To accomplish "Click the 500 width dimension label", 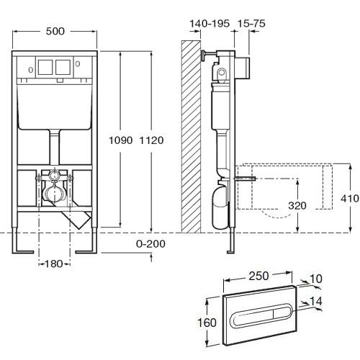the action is pos(55,31).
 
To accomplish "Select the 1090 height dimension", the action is pos(121,140).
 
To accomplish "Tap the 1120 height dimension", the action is pos(151,140).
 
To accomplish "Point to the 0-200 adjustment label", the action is pos(150,244).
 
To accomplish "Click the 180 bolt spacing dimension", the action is pos(53,264).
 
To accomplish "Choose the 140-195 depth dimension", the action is pos(210,24).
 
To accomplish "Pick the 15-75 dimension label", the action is pos(251,24).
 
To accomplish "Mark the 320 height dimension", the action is pos(297,206).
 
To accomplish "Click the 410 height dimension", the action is pos(350,199).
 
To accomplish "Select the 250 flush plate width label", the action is pos(258,276).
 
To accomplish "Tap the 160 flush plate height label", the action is pos(207,323).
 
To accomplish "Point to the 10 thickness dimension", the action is pos(316,279).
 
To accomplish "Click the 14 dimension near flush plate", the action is pos(316,301).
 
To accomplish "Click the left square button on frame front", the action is pos(45,67).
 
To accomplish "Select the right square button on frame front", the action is pos(63,67).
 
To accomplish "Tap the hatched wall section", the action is pos(191,137).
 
